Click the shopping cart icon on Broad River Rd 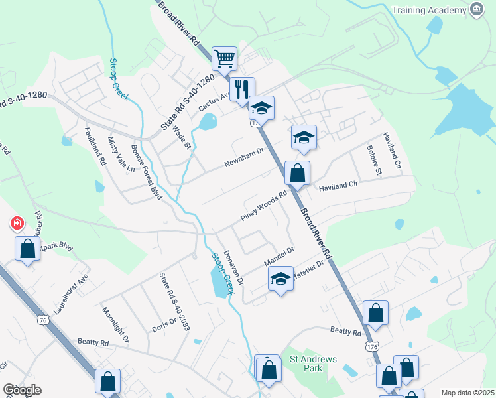[225, 58]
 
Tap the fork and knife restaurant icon [242, 88]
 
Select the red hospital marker [16, 224]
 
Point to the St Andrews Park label [314, 364]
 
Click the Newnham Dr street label [243, 156]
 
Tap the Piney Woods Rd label [264, 206]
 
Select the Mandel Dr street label [279, 255]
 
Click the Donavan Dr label [234, 268]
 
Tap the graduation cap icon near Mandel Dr [280, 279]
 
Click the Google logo [22, 390]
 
